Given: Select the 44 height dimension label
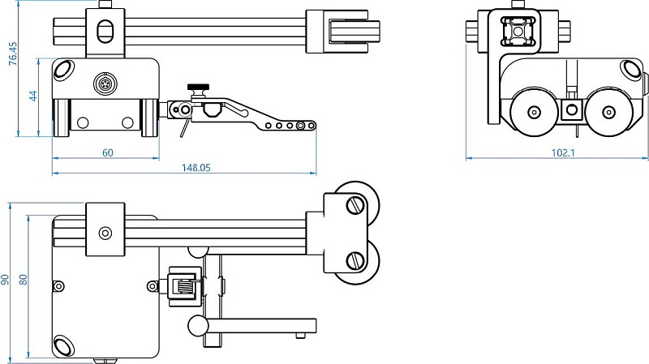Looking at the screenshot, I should pyautogui.click(x=33, y=96).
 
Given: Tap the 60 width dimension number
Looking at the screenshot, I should pyautogui.click(x=108, y=152).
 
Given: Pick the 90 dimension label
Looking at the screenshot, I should pyautogui.click(x=6, y=279).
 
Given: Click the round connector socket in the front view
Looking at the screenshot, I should pyautogui.click(x=103, y=83).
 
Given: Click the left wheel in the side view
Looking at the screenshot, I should pyautogui.click(x=533, y=112).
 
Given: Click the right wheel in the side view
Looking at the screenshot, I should pyautogui.click(x=608, y=112).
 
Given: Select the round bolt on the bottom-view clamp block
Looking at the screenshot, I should pyautogui.click(x=105, y=233).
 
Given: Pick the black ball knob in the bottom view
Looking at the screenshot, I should pyautogui.click(x=196, y=325).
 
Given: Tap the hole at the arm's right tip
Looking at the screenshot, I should pyautogui.click(x=310, y=126).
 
